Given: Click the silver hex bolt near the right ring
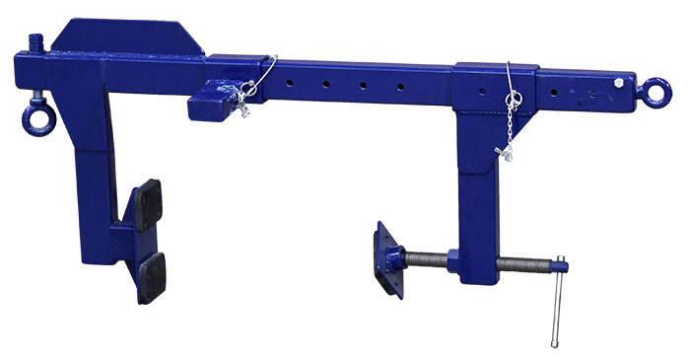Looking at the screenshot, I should [618, 83].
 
